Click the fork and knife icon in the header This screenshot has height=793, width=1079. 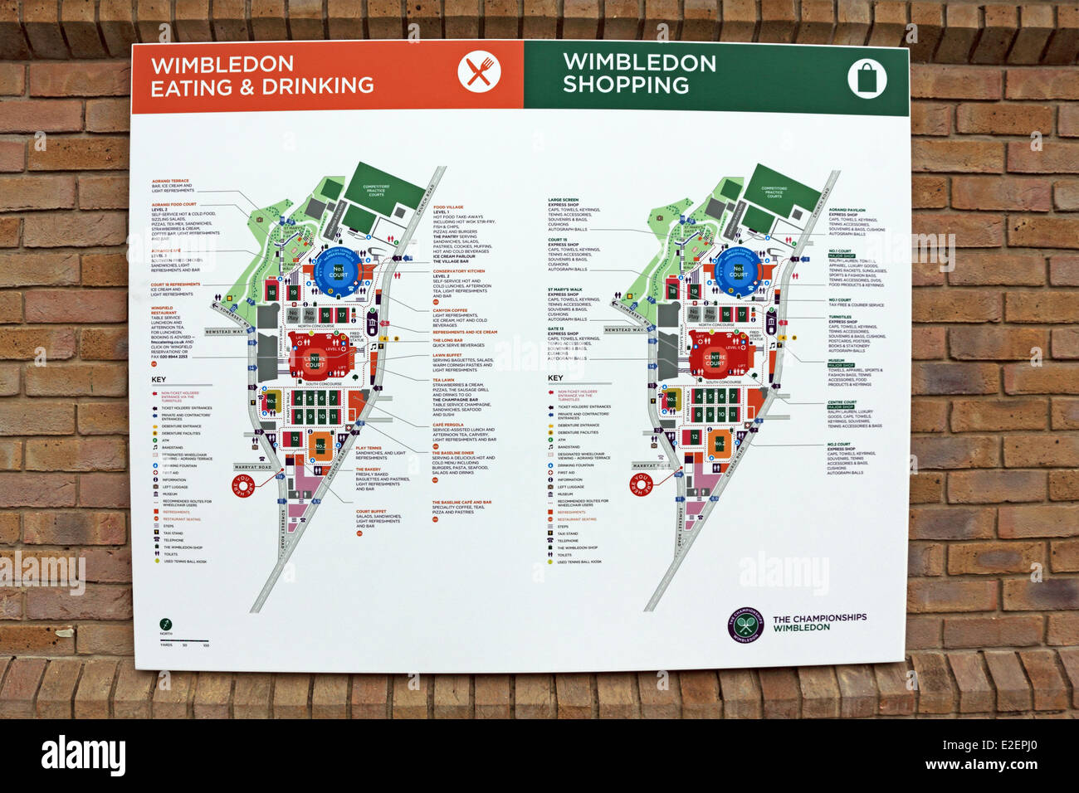(x=479, y=73)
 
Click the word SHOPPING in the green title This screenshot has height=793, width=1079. (x=625, y=85)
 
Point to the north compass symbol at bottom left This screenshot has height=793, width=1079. (x=166, y=624)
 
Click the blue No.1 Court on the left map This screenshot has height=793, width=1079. (x=338, y=272)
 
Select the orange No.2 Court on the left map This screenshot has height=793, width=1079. (x=320, y=445)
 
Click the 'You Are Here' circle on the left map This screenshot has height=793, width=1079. (x=243, y=485)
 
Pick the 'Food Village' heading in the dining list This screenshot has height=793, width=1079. (x=448, y=207)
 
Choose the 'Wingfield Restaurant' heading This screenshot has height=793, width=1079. (x=163, y=310)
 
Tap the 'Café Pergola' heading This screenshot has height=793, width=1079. (x=447, y=424)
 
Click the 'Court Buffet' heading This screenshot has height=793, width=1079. (x=370, y=511)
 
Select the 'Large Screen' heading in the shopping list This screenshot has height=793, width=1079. (x=564, y=200)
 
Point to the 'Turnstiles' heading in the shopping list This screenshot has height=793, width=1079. (x=839, y=317)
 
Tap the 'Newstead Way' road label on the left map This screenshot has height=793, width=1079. (x=224, y=331)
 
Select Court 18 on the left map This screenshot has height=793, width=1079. (x=272, y=292)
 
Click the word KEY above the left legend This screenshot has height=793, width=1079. (x=159, y=379)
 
